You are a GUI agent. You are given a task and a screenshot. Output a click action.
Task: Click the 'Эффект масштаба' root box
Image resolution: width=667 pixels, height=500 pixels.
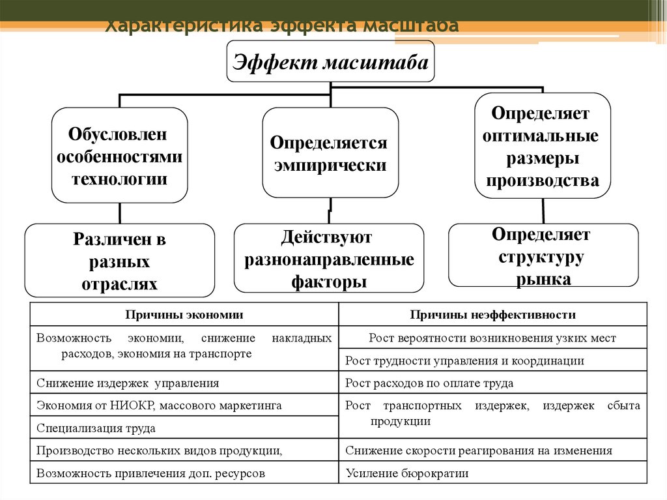coord(330,62)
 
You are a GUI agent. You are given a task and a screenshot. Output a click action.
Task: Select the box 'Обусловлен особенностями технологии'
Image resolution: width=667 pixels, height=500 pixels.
coord(120,156)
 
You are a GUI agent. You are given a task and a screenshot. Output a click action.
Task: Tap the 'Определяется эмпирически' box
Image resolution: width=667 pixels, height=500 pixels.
coord(330,153)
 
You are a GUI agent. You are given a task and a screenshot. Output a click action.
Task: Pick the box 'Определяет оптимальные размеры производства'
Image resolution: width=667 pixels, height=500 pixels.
coord(543,146)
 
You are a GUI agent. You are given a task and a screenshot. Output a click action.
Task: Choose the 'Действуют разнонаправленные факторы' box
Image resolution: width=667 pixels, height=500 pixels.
coord(329,258)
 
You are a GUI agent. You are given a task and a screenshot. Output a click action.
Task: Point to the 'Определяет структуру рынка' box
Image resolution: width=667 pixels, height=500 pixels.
coord(544,256)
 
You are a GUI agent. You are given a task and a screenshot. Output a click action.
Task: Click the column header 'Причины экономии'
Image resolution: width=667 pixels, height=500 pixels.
coord(184,315)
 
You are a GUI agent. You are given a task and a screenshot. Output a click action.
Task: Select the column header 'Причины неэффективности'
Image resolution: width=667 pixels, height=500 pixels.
coord(492,315)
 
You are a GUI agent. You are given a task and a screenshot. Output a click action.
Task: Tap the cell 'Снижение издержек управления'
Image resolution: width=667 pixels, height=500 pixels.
coord(128,383)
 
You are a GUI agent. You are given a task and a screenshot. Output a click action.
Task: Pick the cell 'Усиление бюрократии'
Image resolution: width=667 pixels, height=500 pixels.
coord(407,474)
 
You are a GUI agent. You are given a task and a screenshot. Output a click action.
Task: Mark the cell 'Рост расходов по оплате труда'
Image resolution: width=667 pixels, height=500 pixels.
coord(429,383)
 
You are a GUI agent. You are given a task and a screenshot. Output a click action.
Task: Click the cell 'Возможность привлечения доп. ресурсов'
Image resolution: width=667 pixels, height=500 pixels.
coord(151,474)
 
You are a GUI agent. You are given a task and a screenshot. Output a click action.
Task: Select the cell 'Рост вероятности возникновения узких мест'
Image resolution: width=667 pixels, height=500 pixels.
coord(492,338)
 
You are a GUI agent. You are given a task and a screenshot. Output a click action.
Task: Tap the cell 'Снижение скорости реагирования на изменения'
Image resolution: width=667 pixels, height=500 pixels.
coord(479,450)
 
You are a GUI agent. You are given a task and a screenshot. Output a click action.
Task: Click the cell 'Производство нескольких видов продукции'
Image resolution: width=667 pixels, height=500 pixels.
coord(160,450)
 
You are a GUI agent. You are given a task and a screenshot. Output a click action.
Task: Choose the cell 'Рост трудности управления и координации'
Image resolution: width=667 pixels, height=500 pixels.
coord(464,360)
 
